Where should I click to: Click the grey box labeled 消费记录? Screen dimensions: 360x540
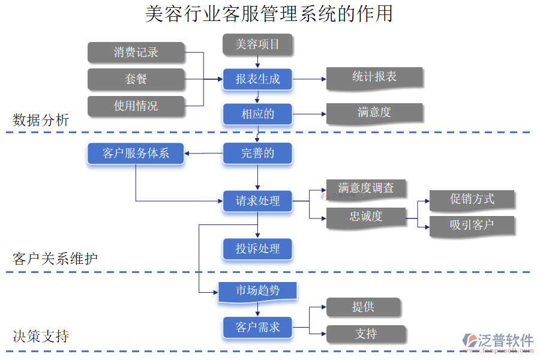pyautogui.click(x=136, y=52)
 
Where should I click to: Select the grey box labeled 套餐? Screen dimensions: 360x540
pyautogui.click(x=136, y=79)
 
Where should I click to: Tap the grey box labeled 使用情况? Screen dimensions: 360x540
pyautogui.click(x=136, y=106)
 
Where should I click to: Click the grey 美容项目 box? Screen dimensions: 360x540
pyautogui.click(x=257, y=44)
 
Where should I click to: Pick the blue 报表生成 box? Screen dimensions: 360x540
pyautogui.click(x=257, y=79)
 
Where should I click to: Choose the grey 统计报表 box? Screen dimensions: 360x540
pyautogui.click(x=374, y=78)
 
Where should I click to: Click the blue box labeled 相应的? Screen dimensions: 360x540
pyautogui.click(x=257, y=114)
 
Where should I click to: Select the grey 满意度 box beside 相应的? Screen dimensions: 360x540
pyautogui.click(x=374, y=113)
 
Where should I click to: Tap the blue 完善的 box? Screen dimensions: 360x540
pyautogui.click(x=257, y=153)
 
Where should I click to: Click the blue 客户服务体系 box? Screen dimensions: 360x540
pyautogui.click(x=136, y=154)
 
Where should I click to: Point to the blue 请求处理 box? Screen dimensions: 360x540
pyautogui.click(x=257, y=201)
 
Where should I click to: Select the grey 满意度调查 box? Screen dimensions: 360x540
pyautogui.click(x=366, y=188)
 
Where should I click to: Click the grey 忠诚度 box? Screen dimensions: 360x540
pyautogui.click(x=366, y=217)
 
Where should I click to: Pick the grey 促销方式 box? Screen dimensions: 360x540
pyautogui.click(x=472, y=200)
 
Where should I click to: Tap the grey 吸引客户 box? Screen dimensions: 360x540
pyautogui.click(x=472, y=226)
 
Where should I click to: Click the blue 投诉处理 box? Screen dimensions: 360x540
pyautogui.click(x=257, y=248)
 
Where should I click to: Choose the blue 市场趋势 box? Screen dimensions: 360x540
pyautogui.click(x=257, y=291)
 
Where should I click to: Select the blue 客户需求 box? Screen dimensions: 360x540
pyautogui.click(x=257, y=327)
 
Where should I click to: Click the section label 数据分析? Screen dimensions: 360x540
pyautogui.click(x=41, y=120)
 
